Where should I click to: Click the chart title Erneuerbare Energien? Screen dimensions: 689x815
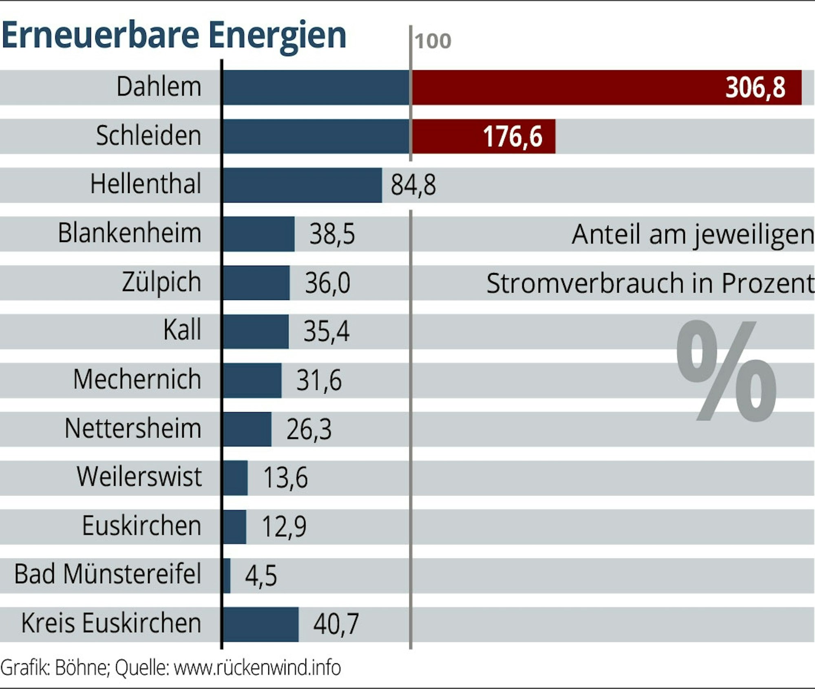pyautogui.click(x=174, y=36)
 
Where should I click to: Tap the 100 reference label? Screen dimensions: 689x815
pyautogui.click(x=433, y=41)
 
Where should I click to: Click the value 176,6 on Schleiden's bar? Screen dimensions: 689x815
pyautogui.click(x=512, y=136)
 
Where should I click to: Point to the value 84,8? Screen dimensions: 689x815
pyautogui.click(x=413, y=185)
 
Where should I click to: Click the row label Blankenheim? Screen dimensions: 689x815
pyautogui.click(x=130, y=233)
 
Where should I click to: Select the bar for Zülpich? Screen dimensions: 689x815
pyautogui.click(x=256, y=282)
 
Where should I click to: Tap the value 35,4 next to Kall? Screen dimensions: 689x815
pyautogui.click(x=326, y=331)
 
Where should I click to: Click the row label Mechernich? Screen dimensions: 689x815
pyautogui.click(x=137, y=380)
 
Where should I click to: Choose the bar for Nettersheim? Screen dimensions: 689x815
pyautogui.click(x=247, y=429)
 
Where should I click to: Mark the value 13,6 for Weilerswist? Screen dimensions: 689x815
pyautogui.click(x=285, y=477)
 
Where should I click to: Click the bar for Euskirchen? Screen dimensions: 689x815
pyautogui.click(x=235, y=526)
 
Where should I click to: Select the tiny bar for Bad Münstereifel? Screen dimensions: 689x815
pyautogui.click(x=227, y=575)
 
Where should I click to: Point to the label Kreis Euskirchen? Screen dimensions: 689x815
pyautogui.click(x=111, y=623)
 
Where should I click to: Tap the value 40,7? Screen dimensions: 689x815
pyautogui.click(x=336, y=624)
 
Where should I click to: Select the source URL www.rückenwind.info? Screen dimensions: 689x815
pyautogui.click(x=257, y=668)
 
